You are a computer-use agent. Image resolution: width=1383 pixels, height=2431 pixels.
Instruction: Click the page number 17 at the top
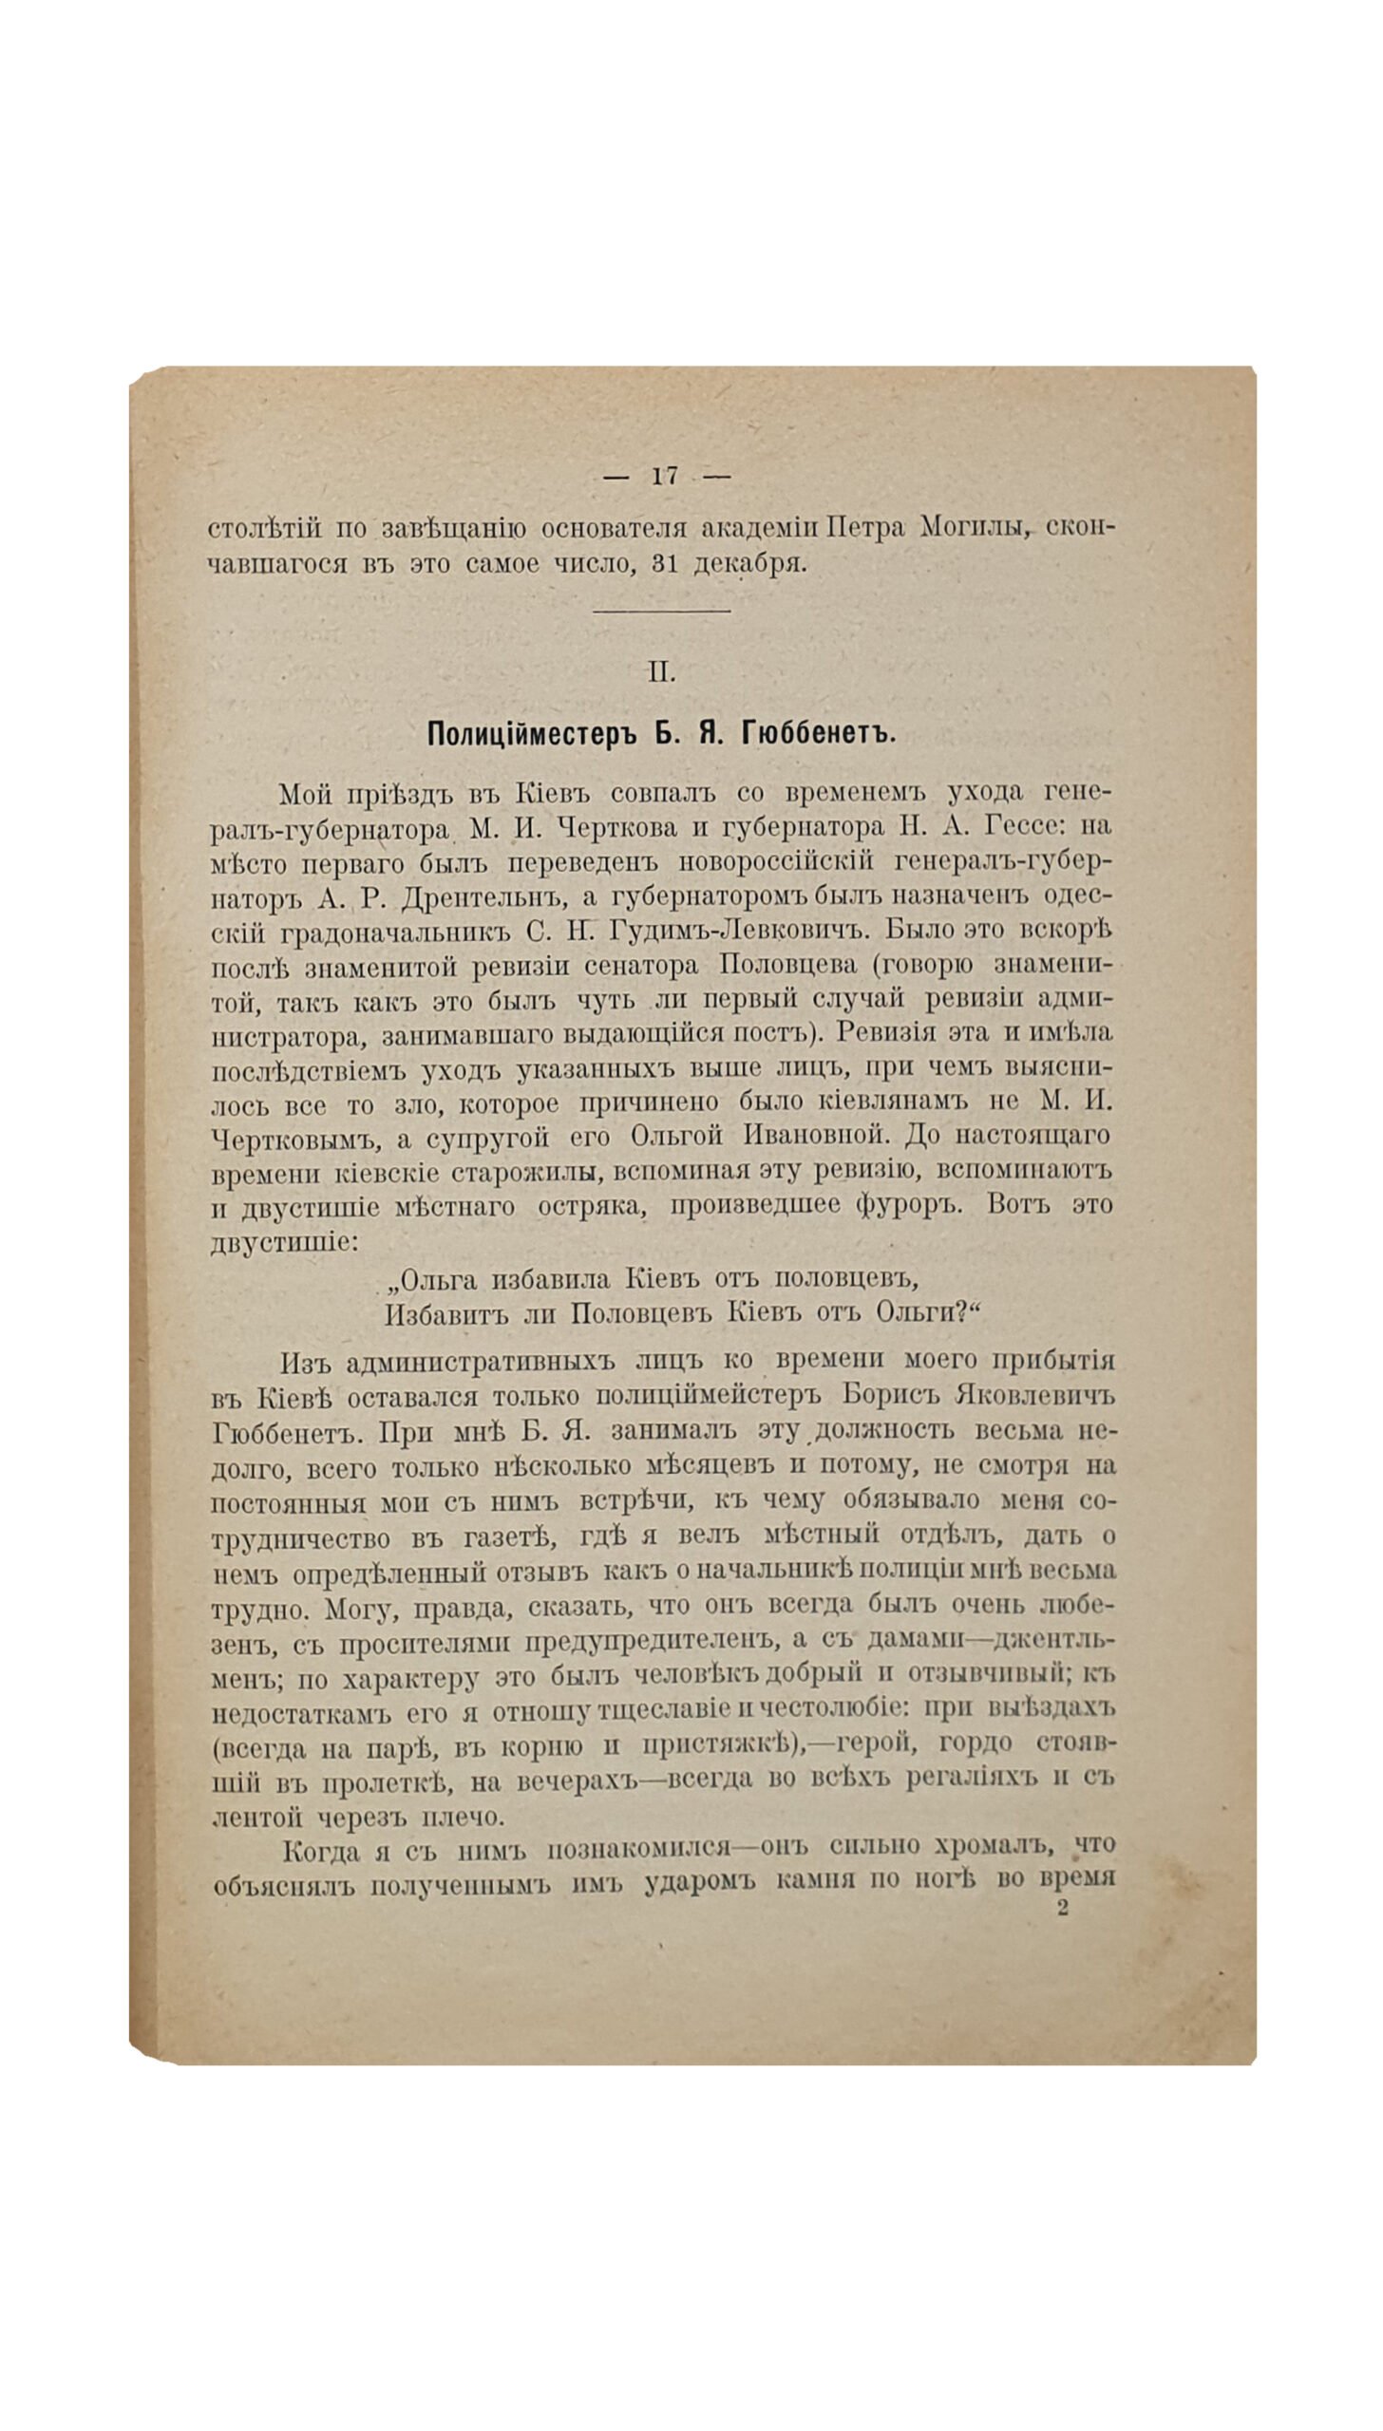pos(665,477)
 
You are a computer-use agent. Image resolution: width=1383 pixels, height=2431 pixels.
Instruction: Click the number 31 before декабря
pos(671,564)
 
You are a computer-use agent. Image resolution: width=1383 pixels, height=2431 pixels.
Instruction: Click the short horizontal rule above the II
pos(661,611)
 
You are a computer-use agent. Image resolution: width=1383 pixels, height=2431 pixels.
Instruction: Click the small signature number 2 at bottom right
pos(1063,1908)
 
